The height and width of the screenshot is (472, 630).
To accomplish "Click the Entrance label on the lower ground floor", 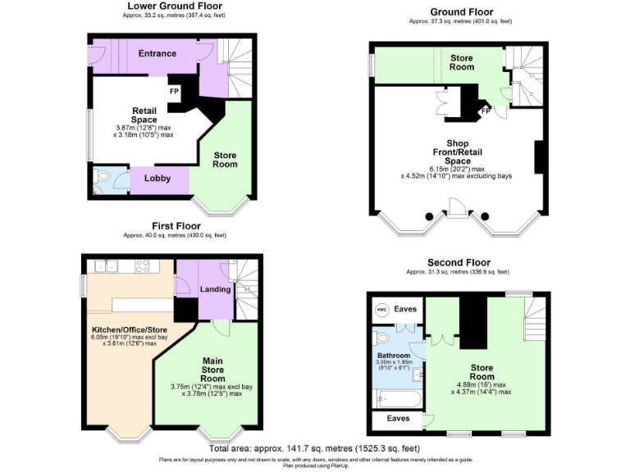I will point(157,54).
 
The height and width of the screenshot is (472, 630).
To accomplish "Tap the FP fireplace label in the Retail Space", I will point(174,91).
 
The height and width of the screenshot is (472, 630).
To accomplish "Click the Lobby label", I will point(157,178).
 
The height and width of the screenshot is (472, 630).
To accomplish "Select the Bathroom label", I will point(393,356).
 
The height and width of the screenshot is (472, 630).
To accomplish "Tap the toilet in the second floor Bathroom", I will point(380,338).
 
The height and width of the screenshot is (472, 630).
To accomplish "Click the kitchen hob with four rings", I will point(141,266).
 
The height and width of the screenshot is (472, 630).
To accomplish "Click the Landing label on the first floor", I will point(215,289).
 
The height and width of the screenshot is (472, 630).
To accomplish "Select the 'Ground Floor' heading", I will point(450,12).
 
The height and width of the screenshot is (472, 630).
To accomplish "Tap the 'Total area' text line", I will point(314,448).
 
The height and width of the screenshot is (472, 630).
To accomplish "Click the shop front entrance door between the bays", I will point(456,215).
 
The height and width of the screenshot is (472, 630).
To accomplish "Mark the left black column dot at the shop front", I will point(427,216).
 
